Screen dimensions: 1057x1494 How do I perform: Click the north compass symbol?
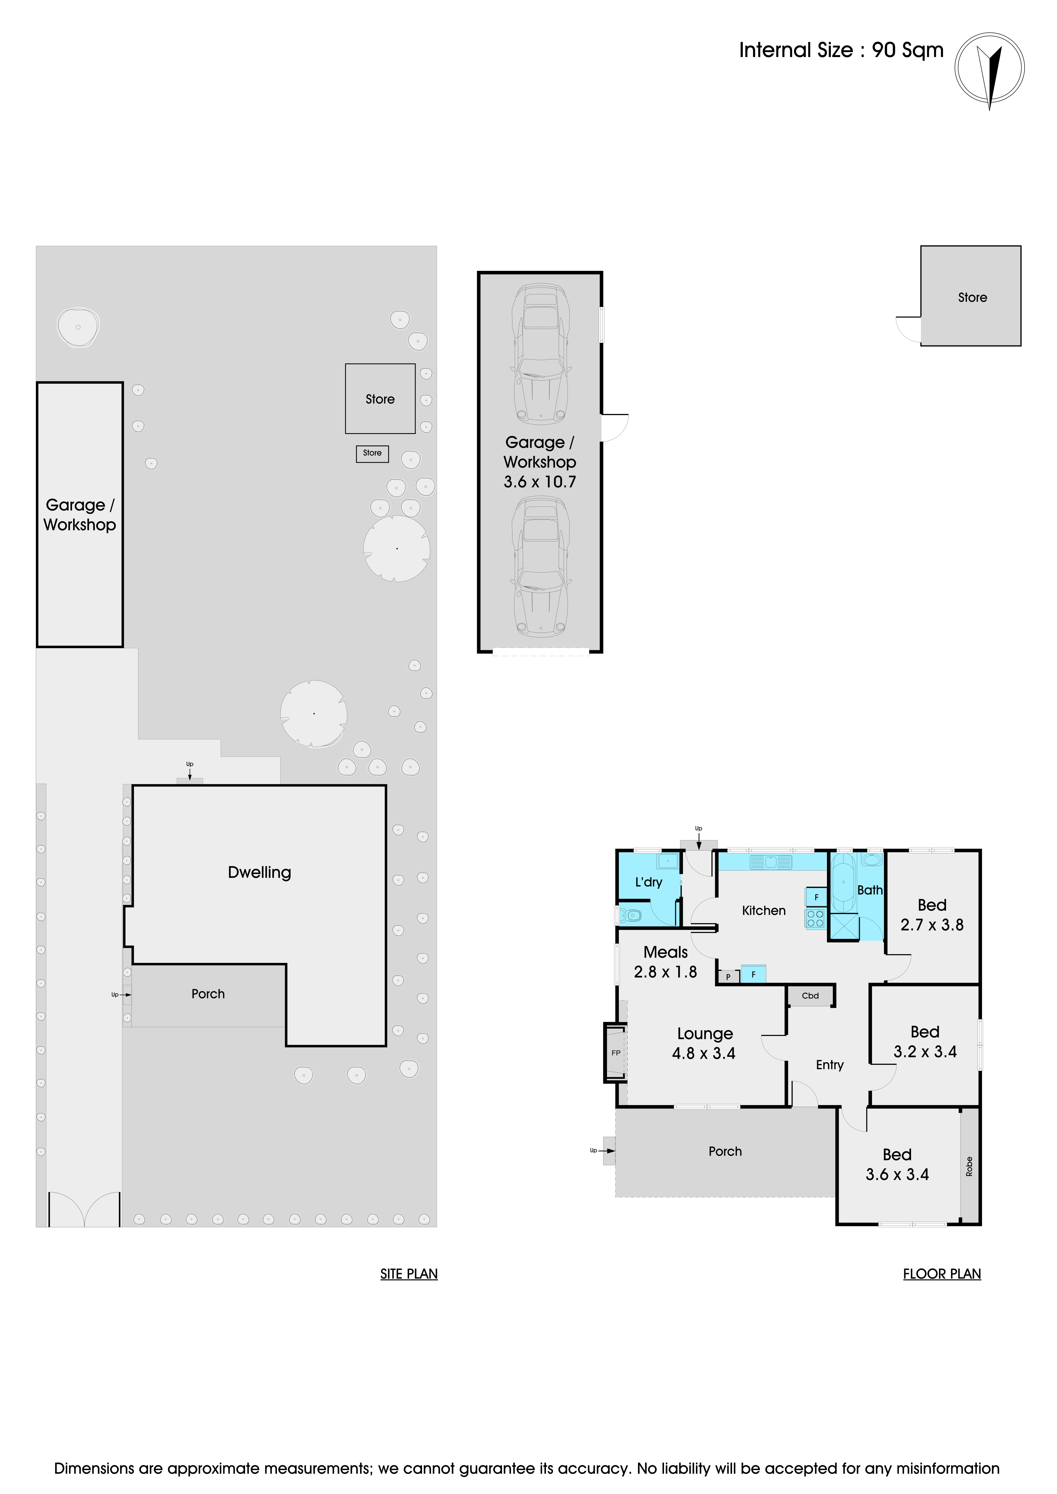pyautogui.click(x=989, y=68)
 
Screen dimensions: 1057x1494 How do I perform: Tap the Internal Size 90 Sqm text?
pyautogui.click(x=841, y=50)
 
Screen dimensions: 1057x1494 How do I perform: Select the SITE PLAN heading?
pyautogui.click(x=409, y=1274)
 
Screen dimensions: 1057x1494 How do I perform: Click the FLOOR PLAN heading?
pyautogui.click(x=942, y=1274)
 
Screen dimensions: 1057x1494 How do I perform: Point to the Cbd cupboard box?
pyautogui.click(x=810, y=996)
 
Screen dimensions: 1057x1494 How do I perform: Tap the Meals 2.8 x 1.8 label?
pyautogui.click(x=665, y=962)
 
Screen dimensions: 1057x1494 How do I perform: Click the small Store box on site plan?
pyautogui.click(x=372, y=454)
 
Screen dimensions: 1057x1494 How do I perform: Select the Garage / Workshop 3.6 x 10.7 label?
pyautogui.click(x=540, y=462)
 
